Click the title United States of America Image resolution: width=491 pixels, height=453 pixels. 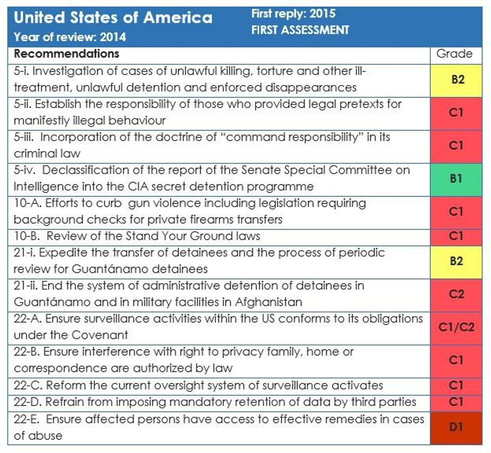(x=113, y=18)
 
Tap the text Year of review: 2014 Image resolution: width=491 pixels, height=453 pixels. (x=70, y=37)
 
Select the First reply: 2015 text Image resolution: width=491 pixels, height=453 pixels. (x=293, y=14)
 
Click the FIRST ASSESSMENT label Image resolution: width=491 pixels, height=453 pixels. (x=300, y=30)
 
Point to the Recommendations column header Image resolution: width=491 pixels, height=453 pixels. (x=66, y=54)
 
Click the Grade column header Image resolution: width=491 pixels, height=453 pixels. (x=454, y=54)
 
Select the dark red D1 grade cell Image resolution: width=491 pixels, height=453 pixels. (x=455, y=427)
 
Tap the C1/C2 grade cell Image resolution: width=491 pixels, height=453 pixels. (x=455, y=327)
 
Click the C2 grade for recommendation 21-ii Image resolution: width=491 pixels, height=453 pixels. (x=455, y=294)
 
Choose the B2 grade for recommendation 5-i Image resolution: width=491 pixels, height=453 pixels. (x=455, y=79)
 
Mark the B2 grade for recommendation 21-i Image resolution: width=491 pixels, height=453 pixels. (x=455, y=261)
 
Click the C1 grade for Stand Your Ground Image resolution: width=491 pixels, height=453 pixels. (x=455, y=236)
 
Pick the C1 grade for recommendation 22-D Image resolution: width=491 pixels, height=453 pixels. (x=455, y=402)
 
